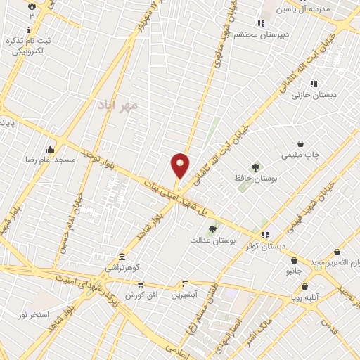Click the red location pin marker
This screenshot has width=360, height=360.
[x=180, y=165]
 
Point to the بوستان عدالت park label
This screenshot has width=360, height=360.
[x=211, y=240]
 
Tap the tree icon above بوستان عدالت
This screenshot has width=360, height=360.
[x=212, y=229]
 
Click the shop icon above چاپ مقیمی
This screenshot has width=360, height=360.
[x=302, y=143]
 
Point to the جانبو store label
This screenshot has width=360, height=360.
[x=293, y=269]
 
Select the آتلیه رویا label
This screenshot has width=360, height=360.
[x=304, y=297]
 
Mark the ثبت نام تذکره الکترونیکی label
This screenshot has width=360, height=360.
[x=29, y=46]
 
